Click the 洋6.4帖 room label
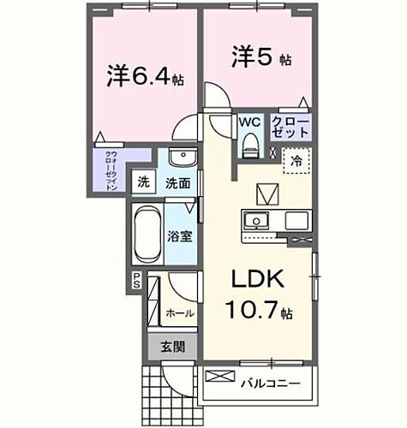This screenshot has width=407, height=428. (x=145, y=76)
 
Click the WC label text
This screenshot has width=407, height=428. (x=249, y=122)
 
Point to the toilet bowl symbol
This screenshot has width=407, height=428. (x=250, y=146)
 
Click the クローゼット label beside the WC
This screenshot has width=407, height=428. (x=290, y=129)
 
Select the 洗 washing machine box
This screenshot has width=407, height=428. (x=143, y=182)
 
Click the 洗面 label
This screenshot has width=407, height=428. (x=177, y=182)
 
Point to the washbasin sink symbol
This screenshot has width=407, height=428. (x=180, y=159)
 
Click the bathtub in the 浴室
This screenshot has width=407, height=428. (x=147, y=234)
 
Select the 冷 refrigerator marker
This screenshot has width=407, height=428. (x=296, y=159)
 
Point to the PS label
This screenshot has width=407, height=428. (x=135, y=278)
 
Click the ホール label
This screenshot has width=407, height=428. (x=181, y=313)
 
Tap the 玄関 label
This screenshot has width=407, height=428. (x=171, y=348)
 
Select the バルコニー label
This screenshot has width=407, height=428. (x=270, y=383)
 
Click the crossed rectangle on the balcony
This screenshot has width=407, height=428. (x=219, y=376)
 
